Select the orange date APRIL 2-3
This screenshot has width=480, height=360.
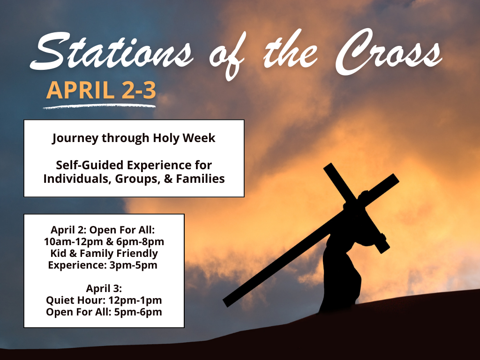[x=101, y=90]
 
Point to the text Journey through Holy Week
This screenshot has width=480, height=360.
[x=134, y=138]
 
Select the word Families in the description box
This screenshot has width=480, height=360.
[x=200, y=179]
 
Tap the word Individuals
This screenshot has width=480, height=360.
[x=74, y=179]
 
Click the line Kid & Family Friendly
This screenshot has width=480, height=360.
[x=104, y=254]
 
